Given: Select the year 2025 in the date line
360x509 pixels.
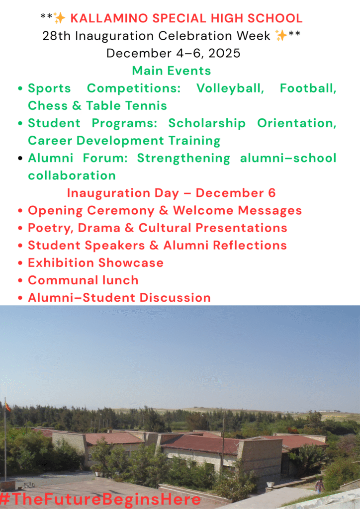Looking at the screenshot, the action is [224, 53].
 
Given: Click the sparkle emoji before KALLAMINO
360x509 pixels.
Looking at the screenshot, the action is [60, 18].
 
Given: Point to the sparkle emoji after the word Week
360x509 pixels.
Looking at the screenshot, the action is [281, 35].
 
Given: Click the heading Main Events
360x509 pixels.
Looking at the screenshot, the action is [172, 71].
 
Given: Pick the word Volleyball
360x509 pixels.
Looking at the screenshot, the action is [231, 88].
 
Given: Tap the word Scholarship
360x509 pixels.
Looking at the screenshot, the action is [207, 123].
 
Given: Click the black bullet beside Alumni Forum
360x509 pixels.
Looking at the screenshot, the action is [20, 158].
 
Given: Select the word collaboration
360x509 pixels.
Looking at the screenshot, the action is [72, 175].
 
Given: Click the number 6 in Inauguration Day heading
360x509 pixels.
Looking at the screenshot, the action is [272, 193].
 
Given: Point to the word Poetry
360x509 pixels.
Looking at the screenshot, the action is [51, 228].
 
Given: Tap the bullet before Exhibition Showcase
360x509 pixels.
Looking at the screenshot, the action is [20, 263].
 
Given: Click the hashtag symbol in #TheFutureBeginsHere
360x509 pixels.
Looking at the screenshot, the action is [5, 499].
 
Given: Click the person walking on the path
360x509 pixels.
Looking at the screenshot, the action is [319, 485].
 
